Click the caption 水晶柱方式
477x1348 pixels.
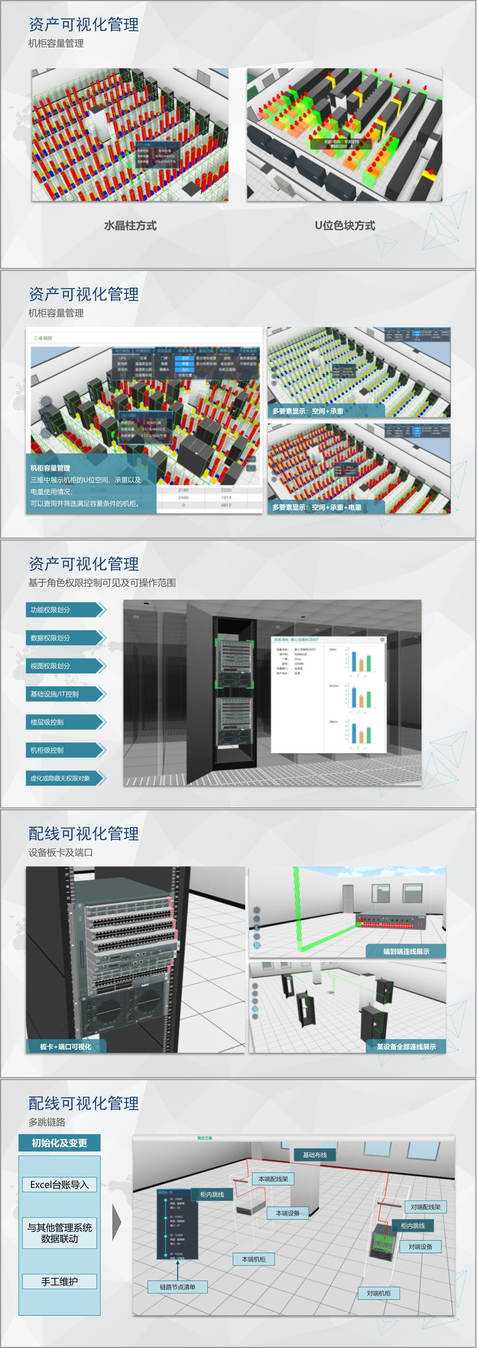130,226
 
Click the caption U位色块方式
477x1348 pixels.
345,226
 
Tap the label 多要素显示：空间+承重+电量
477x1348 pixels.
317,507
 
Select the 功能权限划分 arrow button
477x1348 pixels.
65,610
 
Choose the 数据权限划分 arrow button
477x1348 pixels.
65,638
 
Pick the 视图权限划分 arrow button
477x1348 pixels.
65,666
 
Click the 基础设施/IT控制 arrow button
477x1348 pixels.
65,694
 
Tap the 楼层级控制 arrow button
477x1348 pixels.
65,722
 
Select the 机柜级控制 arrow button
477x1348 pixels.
65,750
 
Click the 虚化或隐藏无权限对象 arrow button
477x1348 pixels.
65,778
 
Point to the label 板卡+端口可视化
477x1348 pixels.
66,1047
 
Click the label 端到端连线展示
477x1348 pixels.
406,951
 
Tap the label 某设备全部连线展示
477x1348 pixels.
406,1047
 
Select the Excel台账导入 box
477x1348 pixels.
59,1184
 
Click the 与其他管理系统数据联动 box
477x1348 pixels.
59,1233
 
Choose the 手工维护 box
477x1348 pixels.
59,1281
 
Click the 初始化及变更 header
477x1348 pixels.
59,1143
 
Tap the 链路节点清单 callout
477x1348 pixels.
177,1287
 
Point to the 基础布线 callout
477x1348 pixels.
315,1155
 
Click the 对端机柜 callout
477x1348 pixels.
379,1293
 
